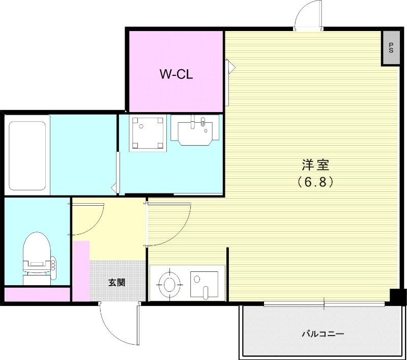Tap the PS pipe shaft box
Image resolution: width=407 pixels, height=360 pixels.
click(x=390, y=48)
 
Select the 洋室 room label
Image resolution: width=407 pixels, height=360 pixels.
click(x=315, y=165)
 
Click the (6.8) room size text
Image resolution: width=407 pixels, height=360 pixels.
click(x=315, y=182)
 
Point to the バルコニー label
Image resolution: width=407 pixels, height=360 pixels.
click(x=323, y=335)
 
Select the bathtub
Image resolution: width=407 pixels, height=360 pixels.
click(x=27, y=153)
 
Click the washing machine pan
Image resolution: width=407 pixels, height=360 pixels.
click(x=148, y=132)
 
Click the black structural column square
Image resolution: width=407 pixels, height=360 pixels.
click(x=397, y=296)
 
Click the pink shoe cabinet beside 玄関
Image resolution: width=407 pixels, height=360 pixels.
click(x=81, y=270)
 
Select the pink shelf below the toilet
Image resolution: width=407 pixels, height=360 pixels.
click(x=37, y=294)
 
